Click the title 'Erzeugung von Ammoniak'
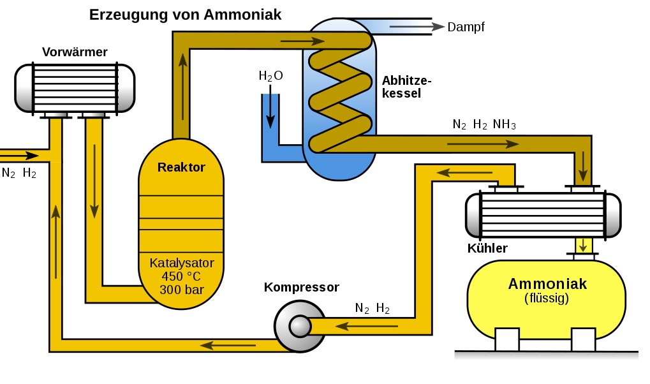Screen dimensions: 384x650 (x=185, y=15)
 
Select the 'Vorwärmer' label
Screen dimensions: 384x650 (x=75, y=52)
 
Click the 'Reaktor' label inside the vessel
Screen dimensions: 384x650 (x=181, y=168)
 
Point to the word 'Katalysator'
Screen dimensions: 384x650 (x=182, y=263)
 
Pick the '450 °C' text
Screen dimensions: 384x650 (x=182, y=277)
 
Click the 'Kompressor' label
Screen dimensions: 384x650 (x=301, y=287)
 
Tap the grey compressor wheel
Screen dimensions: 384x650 (x=300, y=327)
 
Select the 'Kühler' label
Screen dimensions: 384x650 (x=487, y=247)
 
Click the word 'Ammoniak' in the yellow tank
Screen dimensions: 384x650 (x=547, y=284)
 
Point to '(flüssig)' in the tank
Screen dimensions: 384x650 (x=547, y=298)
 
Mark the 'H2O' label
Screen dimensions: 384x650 (x=270, y=76)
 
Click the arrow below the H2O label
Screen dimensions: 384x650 (x=270, y=108)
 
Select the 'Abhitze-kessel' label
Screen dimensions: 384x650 (x=406, y=87)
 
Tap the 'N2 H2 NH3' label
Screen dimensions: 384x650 (x=484, y=124)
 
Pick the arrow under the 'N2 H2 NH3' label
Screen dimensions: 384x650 (x=483, y=144)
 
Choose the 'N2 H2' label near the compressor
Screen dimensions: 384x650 (x=373, y=309)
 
